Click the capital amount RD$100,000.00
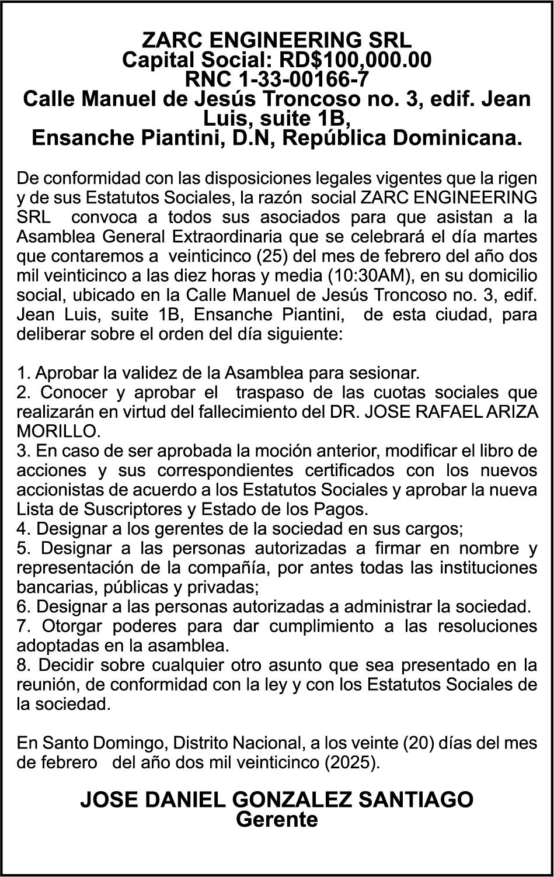click(356, 60)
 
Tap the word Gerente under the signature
click(277, 819)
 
